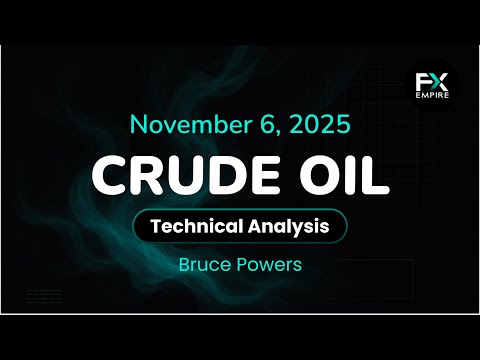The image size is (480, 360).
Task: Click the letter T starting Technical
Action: (x=153, y=227)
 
